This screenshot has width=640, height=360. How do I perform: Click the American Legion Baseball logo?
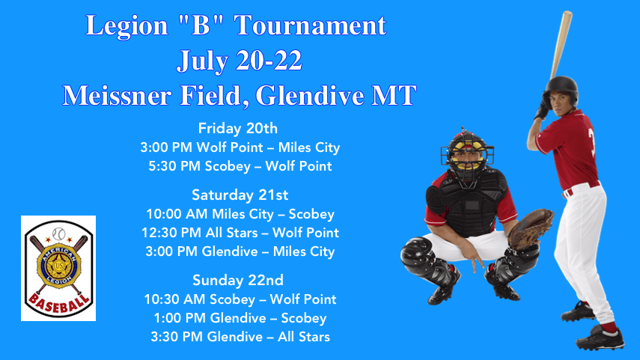tap(58, 268)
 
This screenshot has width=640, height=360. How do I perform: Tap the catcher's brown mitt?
tap(530, 228)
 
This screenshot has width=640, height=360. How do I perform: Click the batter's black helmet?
tap(562, 89)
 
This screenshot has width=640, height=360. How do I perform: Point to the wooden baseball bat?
tap(561, 45)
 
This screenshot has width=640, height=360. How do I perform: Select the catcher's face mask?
tap(467, 152)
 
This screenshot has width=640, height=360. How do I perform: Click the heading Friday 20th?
tap(238, 129)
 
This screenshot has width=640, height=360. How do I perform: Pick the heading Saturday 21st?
tap(240, 195)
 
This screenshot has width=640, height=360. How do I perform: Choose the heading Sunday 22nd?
tap(238, 280)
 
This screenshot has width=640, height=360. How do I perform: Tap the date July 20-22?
tap(240, 61)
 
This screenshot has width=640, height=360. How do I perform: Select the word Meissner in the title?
tap(116, 96)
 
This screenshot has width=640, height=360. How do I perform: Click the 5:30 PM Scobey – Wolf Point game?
tap(240, 166)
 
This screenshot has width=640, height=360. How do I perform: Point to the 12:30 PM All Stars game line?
tap(240, 233)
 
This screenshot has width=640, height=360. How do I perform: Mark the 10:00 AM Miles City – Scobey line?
tap(240, 214)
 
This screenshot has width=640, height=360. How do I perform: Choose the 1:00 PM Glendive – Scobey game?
tap(240, 318)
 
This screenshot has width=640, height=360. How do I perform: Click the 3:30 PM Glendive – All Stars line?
tap(240, 337)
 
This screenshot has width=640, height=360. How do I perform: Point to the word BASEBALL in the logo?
tap(59, 303)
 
